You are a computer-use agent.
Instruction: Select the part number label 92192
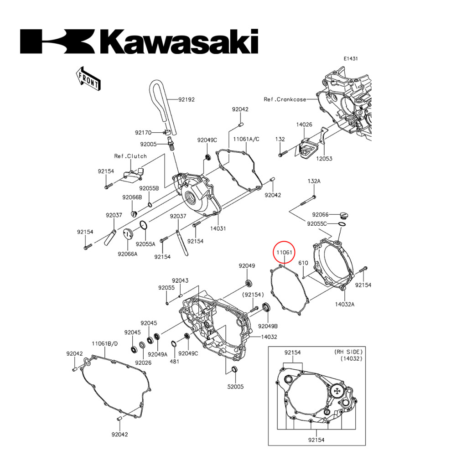coord(187,99)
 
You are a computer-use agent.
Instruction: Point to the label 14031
coord(218,228)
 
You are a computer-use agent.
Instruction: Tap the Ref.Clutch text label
coord(130,156)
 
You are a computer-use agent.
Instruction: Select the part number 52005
coord(236,386)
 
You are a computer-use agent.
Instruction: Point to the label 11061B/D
coord(105,343)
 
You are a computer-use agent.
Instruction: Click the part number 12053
coord(325,159)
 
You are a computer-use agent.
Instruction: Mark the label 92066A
coord(127,254)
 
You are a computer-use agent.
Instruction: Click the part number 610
coord(304,263)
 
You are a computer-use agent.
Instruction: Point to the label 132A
coord(314,181)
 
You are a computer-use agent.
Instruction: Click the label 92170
coord(143,133)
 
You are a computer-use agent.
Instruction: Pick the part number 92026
coord(143,363)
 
